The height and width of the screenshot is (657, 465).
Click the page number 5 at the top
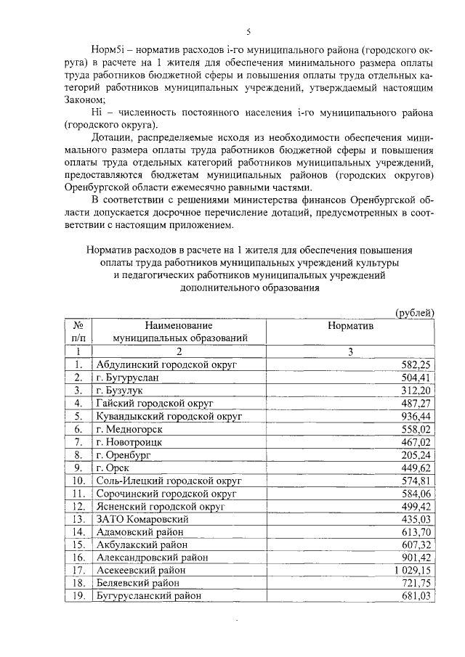(x=248, y=32)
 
